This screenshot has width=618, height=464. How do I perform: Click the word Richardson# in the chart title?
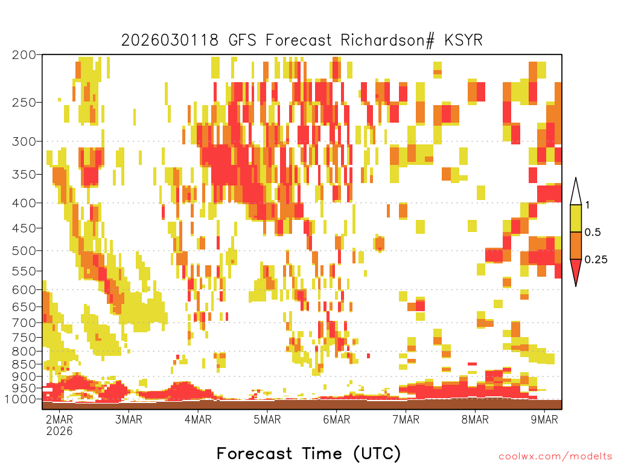point(387,40)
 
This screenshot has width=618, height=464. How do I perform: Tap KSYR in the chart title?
point(463,40)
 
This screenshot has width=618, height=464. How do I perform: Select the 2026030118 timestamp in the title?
point(170,40)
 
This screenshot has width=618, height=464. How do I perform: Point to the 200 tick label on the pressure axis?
point(24,55)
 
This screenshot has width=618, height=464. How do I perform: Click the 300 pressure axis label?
point(24,141)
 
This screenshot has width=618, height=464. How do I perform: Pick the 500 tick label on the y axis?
point(24,251)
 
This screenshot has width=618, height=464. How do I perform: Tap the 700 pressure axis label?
point(24,323)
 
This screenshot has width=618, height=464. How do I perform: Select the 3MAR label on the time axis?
point(129,419)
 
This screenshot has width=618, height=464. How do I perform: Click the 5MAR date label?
point(267,419)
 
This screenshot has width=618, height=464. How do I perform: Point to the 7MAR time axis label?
point(406,419)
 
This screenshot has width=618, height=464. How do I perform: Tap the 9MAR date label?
point(544,419)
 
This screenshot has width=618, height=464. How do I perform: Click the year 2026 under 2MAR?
point(60,431)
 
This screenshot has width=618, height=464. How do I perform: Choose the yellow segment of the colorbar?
point(576,218)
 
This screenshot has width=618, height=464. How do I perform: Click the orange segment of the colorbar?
point(576,245)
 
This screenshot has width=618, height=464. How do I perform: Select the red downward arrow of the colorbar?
point(576,270)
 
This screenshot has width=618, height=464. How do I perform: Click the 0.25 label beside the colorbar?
point(596,260)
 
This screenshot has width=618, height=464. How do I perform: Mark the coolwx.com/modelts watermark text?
point(555,457)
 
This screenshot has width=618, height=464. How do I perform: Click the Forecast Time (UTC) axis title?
point(308,454)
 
